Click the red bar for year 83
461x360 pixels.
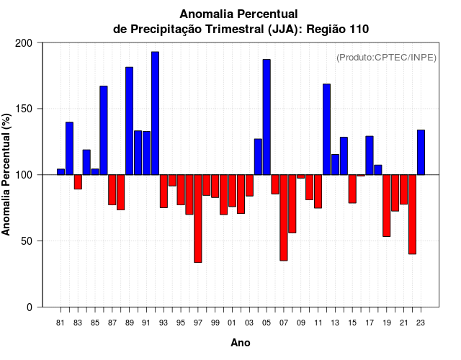click(78, 181)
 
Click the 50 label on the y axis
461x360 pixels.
click(28, 241)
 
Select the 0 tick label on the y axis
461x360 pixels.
click(30, 307)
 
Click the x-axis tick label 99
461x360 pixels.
click(215, 323)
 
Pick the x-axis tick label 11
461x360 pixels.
click(318, 323)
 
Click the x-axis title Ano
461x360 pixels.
click(241, 343)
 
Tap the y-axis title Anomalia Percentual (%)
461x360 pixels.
click(6, 174)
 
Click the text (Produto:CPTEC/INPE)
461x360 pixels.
click(386, 58)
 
